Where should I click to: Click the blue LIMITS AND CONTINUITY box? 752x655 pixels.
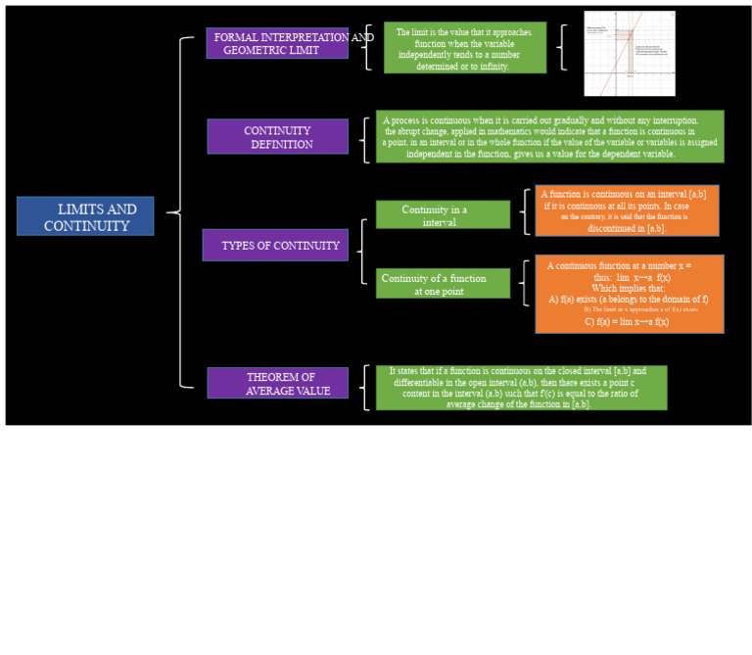[85, 216]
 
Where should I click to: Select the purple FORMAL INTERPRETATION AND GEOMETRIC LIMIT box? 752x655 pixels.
[277, 43]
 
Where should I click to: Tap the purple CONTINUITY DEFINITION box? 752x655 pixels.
[277, 137]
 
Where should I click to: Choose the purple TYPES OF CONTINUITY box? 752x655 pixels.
[275, 245]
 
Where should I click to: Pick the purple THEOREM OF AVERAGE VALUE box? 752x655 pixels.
[277, 383]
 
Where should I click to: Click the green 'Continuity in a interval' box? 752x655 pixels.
[443, 215]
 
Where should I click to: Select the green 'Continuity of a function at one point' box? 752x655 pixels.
[443, 284]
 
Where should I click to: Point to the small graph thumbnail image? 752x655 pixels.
[616, 54]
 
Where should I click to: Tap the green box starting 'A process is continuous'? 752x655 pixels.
[549, 136]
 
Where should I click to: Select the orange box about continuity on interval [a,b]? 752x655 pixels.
[627, 211]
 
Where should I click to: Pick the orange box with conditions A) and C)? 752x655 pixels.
[629, 294]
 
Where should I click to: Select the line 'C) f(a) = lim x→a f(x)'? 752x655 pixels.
[627, 321]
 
